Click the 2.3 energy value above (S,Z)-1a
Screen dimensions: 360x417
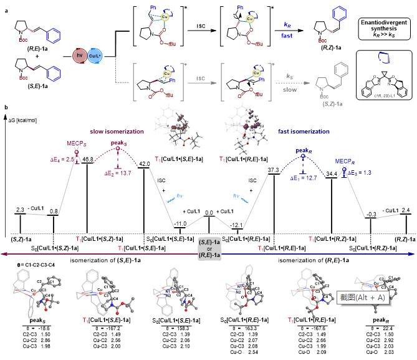[x=21, y=212]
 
